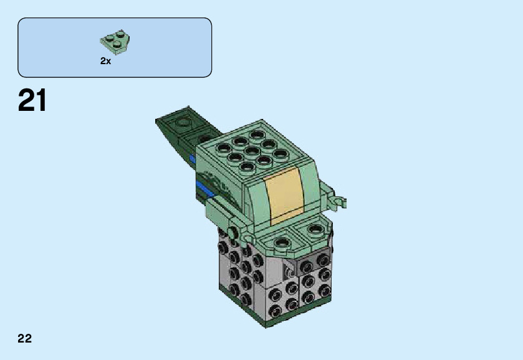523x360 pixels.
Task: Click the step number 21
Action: [x=32, y=100]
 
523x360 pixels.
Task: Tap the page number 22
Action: [x=25, y=338]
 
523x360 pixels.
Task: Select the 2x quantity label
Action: [x=105, y=61]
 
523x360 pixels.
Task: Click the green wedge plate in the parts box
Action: [x=115, y=42]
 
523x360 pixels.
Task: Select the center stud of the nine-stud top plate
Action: [x=252, y=151]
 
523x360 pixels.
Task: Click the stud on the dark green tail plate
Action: [x=182, y=122]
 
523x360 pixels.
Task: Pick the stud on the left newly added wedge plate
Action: [x=282, y=243]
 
